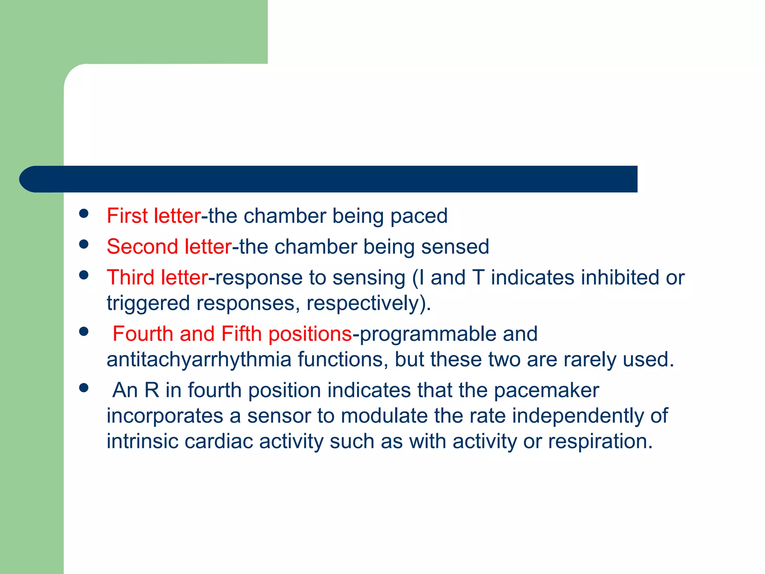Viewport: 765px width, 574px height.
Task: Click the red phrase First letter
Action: (x=154, y=216)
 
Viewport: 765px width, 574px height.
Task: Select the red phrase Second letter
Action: (x=169, y=247)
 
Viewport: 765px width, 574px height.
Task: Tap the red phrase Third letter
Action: (x=157, y=278)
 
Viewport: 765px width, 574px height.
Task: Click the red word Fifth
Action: (x=241, y=334)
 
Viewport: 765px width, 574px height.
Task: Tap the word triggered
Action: (x=148, y=303)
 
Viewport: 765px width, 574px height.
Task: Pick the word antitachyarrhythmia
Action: (x=199, y=359)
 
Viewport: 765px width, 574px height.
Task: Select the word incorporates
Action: (x=165, y=416)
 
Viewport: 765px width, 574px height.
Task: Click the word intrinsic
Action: (x=142, y=441)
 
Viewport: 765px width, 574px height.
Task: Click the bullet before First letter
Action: (x=84, y=213)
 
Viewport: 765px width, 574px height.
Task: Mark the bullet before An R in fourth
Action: (x=84, y=388)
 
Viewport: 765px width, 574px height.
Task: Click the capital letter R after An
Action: (x=152, y=391)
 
